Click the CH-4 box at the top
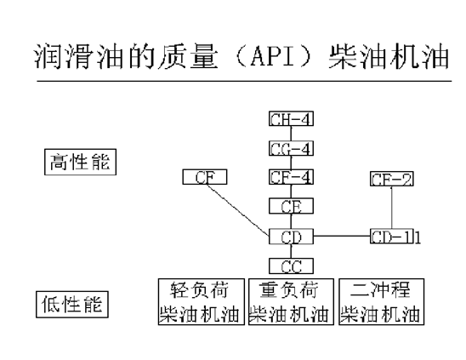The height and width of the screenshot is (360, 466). (x=292, y=118)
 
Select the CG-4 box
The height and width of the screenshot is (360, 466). (x=292, y=148)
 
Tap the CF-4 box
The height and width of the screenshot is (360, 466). (x=292, y=177)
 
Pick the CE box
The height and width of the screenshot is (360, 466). (x=292, y=206)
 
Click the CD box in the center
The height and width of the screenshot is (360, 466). (x=292, y=236)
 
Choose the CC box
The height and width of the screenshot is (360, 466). (x=292, y=266)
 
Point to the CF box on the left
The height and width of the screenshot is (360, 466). (x=204, y=177)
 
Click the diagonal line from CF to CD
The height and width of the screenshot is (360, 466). (x=237, y=209)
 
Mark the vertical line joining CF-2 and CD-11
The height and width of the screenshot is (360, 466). (x=391, y=207)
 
